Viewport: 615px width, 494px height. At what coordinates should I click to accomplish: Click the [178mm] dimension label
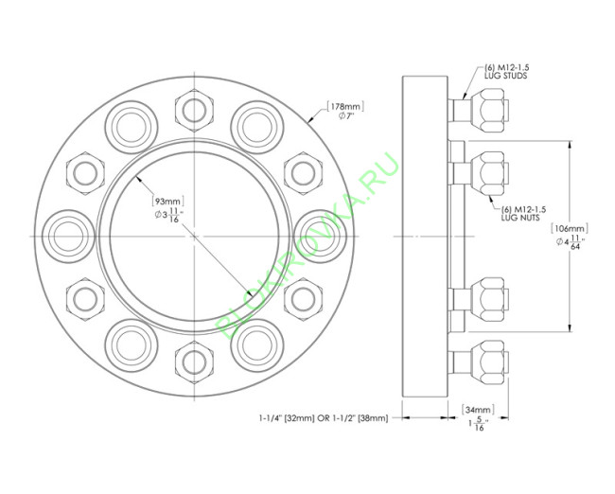point(344,105)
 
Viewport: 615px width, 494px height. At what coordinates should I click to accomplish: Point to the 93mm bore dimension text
point(168,201)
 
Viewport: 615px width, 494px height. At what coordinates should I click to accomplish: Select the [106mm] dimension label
point(571,228)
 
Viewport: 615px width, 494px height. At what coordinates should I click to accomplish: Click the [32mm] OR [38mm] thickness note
point(323,417)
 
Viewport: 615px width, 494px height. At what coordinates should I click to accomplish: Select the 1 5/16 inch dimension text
point(476,426)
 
